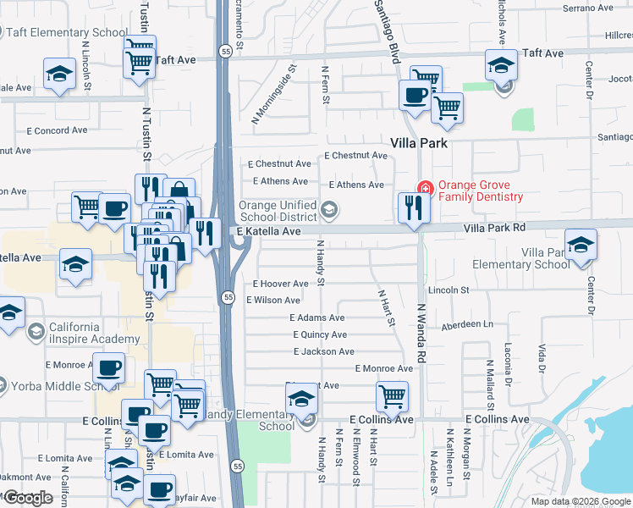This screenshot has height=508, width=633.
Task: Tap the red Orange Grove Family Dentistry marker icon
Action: (x=425, y=188)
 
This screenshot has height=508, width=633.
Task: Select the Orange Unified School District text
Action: (x=278, y=211)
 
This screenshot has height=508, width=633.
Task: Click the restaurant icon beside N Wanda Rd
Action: (x=412, y=207)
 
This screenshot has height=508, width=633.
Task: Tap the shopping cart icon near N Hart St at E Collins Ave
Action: (x=392, y=395)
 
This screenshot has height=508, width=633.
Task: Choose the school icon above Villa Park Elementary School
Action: (x=581, y=245)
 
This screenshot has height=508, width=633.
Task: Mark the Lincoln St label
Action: (x=448, y=290)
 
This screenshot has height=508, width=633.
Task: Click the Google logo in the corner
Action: (x=28, y=498)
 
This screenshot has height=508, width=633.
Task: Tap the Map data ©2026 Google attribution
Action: (x=581, y=501)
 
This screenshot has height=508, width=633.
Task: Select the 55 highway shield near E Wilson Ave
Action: (x=228, y=297)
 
